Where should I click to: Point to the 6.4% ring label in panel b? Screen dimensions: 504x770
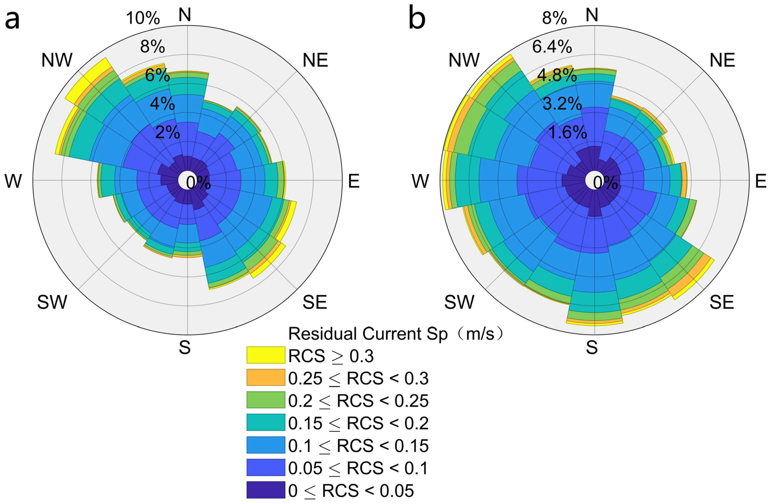tap(552, 47)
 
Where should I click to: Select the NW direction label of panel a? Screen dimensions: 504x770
tap(57, 60)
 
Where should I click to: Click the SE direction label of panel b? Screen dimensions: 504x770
tap(722, 302)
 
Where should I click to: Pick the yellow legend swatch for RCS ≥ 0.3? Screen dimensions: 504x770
tap(266, 355)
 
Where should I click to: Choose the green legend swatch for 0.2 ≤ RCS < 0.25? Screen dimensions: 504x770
tap(266, 400)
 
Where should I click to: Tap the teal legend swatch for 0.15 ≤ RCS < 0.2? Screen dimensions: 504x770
tap(266, 422)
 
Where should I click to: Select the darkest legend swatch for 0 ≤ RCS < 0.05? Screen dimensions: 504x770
tap(266, 490)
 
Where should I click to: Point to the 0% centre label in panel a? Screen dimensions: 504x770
tap(198, 183)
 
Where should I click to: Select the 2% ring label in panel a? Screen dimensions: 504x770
tap(167, 133)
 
